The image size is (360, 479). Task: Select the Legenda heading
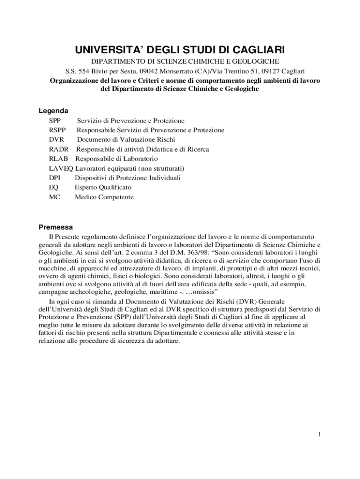[x=53, y=111]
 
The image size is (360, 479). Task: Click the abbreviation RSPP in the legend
[x=58, y=130]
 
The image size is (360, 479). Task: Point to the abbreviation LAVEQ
[x=58, y=168]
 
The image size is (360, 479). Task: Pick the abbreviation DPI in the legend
[x=54, y=178]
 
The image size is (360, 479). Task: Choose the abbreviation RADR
[x=58, y=149]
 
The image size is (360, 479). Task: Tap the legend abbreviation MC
[x=54, y=197]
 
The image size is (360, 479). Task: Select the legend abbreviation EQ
[x=53, y=187]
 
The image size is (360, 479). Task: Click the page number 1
[x=319, y=435]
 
